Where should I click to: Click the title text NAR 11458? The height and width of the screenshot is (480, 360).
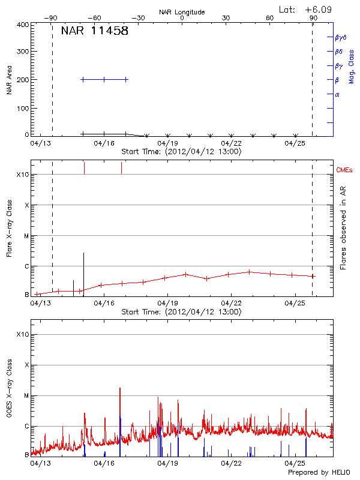(94, 31)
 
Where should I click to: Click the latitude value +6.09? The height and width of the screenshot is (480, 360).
(320, 10)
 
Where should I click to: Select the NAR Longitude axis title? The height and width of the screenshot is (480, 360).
(182, 12)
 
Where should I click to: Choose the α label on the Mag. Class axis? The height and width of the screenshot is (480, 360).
(337, 94)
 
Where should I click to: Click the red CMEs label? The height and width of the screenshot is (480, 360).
(344, 170)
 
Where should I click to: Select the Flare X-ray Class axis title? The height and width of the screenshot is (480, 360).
(9, 227)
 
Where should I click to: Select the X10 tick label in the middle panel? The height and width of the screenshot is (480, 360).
(23, 175)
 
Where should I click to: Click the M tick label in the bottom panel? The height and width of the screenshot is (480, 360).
(26, 396)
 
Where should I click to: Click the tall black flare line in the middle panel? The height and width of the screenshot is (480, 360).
(83, 270)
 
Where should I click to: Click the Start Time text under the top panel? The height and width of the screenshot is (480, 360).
(182, 152)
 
